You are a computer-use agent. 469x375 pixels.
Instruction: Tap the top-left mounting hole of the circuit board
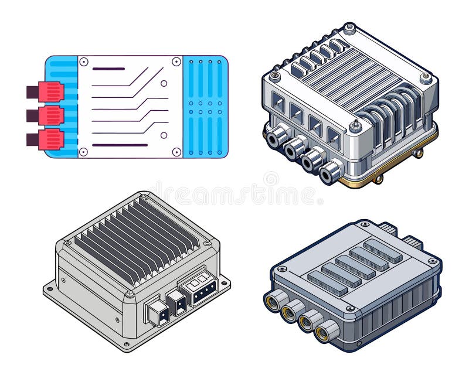[x=83, y=61]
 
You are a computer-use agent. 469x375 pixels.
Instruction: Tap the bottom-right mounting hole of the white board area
[x=176, y=152]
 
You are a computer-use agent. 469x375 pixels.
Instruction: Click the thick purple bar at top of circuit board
[x=108, y=69]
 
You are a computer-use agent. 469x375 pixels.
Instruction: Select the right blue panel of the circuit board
[x=205, y=107]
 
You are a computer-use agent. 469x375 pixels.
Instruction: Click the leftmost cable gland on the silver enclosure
[x=277, y=137]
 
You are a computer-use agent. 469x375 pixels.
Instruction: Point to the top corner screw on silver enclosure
[x=349, y=28]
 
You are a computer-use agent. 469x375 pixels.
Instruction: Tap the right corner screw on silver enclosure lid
[x=426, y=77]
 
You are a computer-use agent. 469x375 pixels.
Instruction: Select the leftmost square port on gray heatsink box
[x=157, y=311]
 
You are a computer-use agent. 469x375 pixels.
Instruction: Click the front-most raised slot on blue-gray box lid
[x=328, y=284]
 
